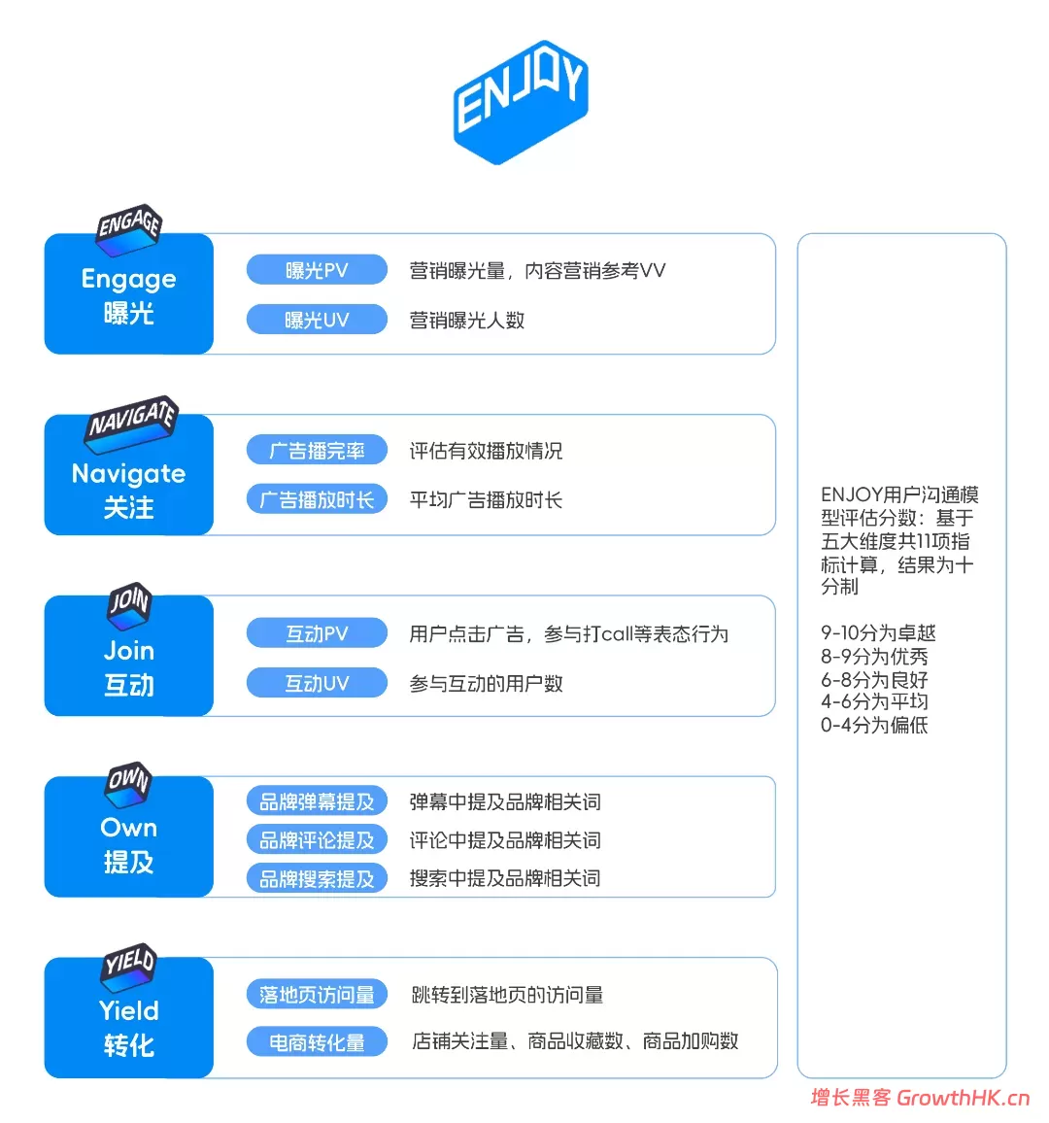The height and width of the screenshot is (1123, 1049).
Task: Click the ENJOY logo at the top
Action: pyautogui.click(x=521, y=102)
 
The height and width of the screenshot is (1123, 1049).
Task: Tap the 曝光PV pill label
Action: pyautogui.click(x=317, y=270)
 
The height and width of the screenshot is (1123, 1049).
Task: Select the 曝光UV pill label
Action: pyautogui.click(x=317, y=320)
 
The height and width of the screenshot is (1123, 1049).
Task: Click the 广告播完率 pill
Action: pyautogui.click(x=317, y=450)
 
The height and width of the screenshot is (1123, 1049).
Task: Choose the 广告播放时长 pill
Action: pyautogui.click(x=317, y=499)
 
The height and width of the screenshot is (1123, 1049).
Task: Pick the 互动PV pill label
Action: pyautogui.click(x=317, y=633)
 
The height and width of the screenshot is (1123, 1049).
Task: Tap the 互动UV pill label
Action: pyautogui.click(x=317, y=683)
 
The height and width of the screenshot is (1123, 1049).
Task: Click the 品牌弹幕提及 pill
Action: pyautogui.click(x=317, y=800)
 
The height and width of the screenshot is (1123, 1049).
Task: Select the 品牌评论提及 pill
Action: pyautogui.click(x=317, y=839)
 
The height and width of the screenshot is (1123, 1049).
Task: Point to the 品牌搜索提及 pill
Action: pyautogui.click(x=317, y=878)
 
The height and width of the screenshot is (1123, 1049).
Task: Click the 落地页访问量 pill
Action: pyautogui.click(x=317, y=994)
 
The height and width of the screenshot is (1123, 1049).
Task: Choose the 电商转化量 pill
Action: pyautogui.click(x=317, y=1042)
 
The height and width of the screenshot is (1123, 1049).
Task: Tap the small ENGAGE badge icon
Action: pyautogui.click(x=129, y=230)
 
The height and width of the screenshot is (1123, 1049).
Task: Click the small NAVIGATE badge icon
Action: pyautogui.click(x=132, y=424)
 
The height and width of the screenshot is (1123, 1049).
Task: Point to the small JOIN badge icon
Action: pyautogui.click(x=129, y=606)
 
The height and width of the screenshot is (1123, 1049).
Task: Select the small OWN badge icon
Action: pyautogui.click(x=129, y=785)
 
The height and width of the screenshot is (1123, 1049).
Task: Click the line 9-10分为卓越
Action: pyautogui.click(x=878, y=632)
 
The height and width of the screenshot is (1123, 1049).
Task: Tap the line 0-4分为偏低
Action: pyautogui.click(x=874, y=725)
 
